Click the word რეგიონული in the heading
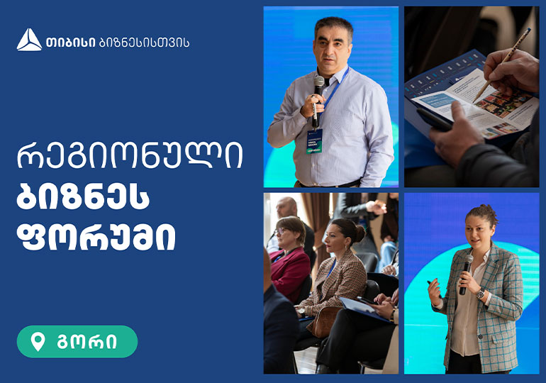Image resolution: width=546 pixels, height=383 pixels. point(129,157)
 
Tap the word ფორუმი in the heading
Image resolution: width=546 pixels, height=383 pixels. point(96,240)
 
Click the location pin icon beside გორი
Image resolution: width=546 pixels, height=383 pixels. point(38,342)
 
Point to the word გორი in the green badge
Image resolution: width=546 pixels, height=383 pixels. point(87,342)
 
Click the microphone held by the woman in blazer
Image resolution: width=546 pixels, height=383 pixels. point(466,273)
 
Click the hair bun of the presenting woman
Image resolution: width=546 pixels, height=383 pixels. point(489,211)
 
